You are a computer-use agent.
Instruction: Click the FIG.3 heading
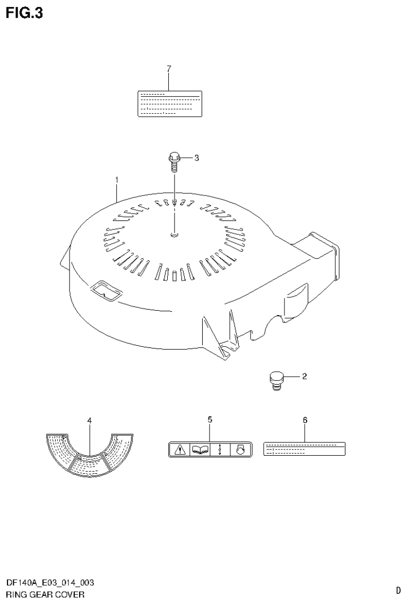click(x=24, y=12)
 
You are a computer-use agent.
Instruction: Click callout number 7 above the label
click(x=169, y=69)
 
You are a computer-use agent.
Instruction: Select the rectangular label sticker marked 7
click(x=169, y=103)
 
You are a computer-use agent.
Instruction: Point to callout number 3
click(x=196, y=157)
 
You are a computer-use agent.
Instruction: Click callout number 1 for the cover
click(x=117, y=181)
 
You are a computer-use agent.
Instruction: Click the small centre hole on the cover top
click(x=175, y=234)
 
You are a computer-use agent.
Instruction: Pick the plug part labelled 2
click(x=275, y=381)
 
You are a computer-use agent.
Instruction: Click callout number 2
click(x=304, y=377)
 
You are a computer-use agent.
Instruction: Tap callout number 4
click(x=90, y=421)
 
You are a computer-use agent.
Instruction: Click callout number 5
click(x=210, y=420)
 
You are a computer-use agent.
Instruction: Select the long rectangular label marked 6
click(x=304, y=449)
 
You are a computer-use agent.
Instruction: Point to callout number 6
click(x=305, y=420)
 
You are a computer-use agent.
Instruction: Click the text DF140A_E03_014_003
click(x=50, y=583)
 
